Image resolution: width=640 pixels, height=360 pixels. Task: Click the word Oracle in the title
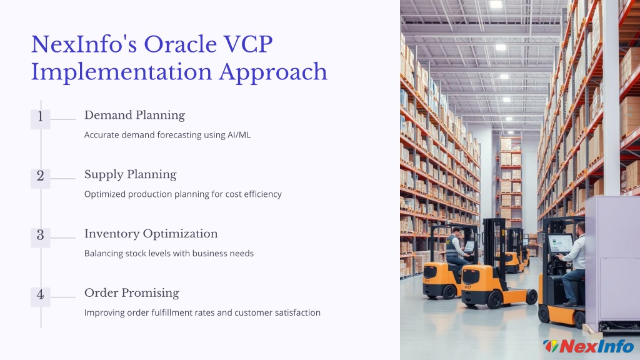click(181, 44)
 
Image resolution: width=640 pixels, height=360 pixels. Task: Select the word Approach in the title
click(273, 73)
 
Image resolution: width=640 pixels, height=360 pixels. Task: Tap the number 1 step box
click(41, 119)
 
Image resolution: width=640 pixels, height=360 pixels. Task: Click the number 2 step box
click(41, 178)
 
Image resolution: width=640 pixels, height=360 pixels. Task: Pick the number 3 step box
click(41, 237)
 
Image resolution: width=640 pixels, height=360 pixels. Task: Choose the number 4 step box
click(41, 297)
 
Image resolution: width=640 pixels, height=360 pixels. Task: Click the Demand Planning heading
click(135, 116)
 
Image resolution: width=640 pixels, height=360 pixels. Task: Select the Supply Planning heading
click(130, 175)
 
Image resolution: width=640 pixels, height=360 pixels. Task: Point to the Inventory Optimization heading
click(151, 234)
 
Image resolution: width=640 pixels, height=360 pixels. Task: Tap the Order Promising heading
click(132, 293)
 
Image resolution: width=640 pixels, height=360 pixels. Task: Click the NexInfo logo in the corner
click(589, 346)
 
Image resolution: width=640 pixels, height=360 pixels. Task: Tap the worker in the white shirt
click(574, 264)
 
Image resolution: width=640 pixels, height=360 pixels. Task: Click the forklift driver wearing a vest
click(457, 249)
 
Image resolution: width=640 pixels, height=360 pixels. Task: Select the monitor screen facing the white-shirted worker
click(559, 244)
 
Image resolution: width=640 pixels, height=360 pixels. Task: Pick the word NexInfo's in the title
click(84, 44)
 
